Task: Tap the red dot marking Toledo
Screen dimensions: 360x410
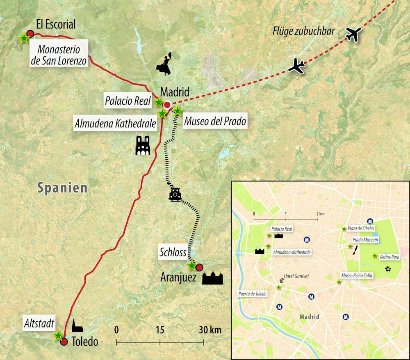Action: point(64,342)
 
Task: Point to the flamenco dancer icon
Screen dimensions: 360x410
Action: point(164,64)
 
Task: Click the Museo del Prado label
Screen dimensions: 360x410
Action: point(215,121)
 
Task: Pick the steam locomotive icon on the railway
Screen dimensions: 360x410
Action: point(175,194)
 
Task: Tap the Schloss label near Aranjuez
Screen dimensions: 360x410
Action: point(173,252)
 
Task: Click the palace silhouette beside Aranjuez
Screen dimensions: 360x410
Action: point(212,278)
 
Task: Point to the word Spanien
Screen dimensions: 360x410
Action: point(62,188)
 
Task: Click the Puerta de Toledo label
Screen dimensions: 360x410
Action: point(253,294)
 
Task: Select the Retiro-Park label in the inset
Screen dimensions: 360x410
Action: point(389,257)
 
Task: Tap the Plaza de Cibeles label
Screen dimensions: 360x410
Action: point(361,229)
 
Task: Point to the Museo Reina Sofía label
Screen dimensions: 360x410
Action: point(357,275)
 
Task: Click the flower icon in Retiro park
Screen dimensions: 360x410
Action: point(388,269)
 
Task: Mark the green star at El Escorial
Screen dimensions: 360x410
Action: point(24,38)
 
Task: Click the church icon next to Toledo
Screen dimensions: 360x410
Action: point(77,326)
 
